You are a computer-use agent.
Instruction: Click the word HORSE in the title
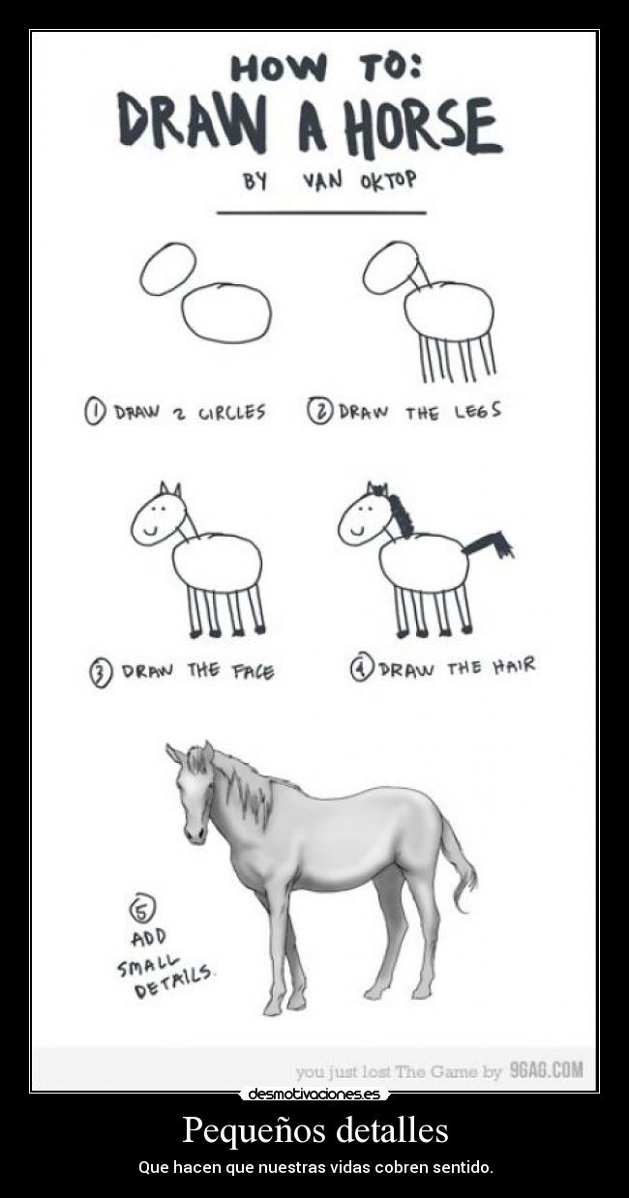click(x=424, y=128)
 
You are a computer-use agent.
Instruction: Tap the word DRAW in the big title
click(x=192, y=121)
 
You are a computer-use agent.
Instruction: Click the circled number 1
click(x=94, y=413)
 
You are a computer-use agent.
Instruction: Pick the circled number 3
click(x=102, y=673)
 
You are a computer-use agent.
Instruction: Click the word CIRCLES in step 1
click(x=231, y=412)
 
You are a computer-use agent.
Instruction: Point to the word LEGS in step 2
click(x=477, y=411)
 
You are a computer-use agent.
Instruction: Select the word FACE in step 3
click(x=253, y=672)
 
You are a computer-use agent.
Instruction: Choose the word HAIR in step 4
click(x=514, y=666)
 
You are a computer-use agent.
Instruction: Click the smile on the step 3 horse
click(x=150, y=531)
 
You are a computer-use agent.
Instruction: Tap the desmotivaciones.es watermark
click(x=314, y=1094)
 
